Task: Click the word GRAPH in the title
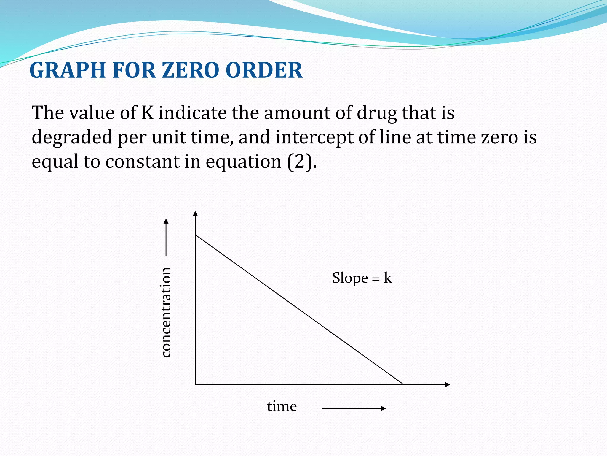[68, 71]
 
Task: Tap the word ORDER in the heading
[264, 71]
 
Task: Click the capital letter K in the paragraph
[147, 113]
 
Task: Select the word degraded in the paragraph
[72, 137]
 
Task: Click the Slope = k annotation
[362, 278]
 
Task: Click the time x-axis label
[282, 406]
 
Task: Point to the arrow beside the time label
[354, 408]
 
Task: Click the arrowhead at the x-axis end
[448, 384]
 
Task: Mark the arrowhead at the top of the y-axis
[195, 213]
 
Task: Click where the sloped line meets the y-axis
[195, 235]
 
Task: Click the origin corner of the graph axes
[195, 384]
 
